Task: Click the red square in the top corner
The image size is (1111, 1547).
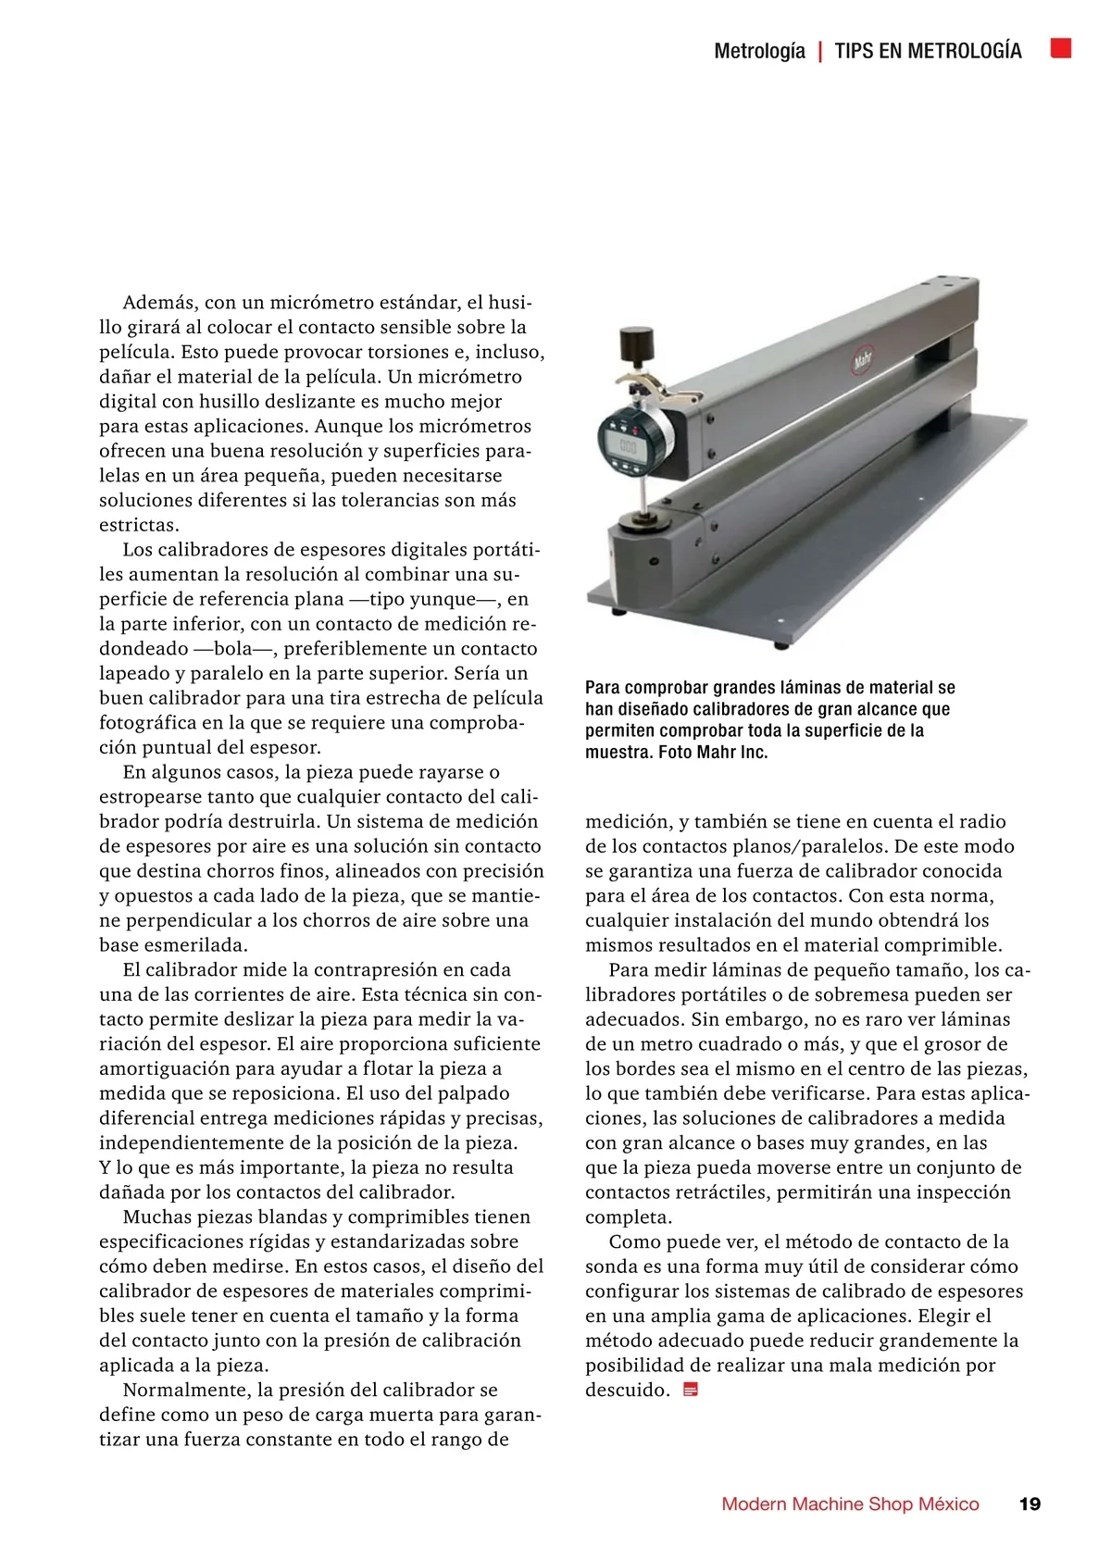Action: [x=1061, y=48]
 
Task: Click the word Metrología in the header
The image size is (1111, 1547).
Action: [x=759, y=51]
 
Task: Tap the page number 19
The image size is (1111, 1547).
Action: [x=1030, y=1503]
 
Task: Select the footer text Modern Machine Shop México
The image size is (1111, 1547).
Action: [x=850, y=1503]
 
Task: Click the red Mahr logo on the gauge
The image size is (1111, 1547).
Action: [x=864, y=360]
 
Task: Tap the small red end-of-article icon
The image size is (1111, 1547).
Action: [x=690, y=1390]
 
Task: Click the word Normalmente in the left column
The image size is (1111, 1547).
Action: [x=187, y=1390]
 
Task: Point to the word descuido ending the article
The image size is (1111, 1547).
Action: [x=626, y=1390]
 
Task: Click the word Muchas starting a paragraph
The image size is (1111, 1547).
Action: [x=156, y=1216]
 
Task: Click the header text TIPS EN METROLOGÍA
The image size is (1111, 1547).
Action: [x=928, y=51]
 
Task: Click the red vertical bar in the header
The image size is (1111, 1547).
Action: [x=820, y=51]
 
